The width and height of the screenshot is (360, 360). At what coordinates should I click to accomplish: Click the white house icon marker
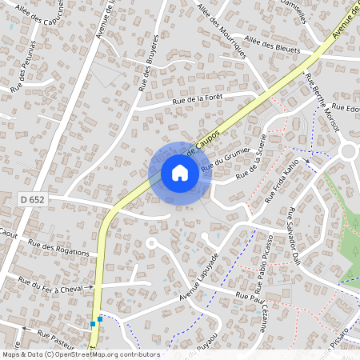[x=180, y=173]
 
